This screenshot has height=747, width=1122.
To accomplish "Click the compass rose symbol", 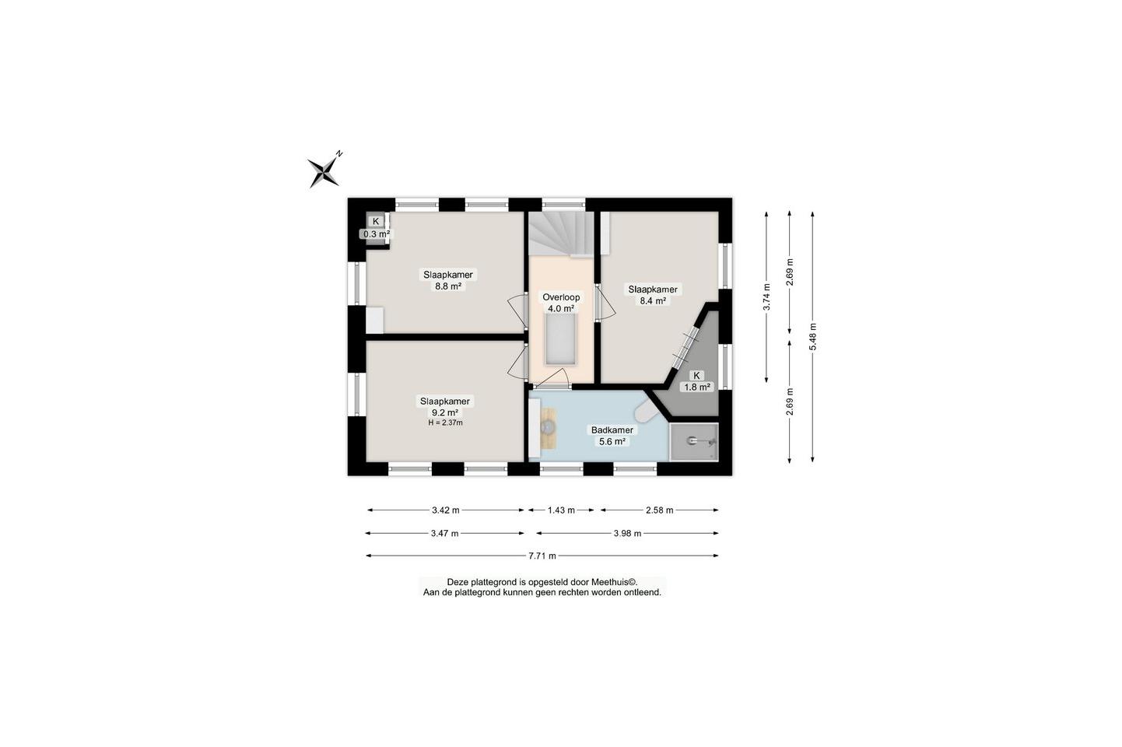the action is tap(324, 171).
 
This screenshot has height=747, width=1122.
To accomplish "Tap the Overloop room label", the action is tap(561, 297).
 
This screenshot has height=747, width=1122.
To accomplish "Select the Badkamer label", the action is tap(612, 430).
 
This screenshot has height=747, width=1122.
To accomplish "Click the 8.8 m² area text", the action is tap(448, 286).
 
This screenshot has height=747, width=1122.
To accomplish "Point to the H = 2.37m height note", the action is tap(445, 423).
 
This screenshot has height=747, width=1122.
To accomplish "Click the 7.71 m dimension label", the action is tap(542, 556).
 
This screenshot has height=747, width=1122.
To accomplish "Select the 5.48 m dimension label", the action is tap(812, 337).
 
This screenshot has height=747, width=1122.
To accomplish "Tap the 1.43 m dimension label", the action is tap(561, 510).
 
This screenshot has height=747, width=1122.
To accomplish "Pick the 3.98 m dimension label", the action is tap(627, 533).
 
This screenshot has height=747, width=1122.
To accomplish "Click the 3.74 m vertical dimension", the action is tap(766, 297).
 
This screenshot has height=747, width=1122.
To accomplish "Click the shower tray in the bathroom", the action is tap(694, 442).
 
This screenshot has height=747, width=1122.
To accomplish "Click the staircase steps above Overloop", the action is tap(561, 233).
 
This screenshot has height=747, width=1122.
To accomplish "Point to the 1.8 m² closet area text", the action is tap(697, 387).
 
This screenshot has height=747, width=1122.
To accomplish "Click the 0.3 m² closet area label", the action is tap(376, 234).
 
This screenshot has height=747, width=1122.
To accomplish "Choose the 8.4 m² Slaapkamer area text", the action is tap(653, 301).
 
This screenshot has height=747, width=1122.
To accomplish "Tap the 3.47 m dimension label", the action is tap(445, 533).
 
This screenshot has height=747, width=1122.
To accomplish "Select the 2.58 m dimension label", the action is tap(659, 510).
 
